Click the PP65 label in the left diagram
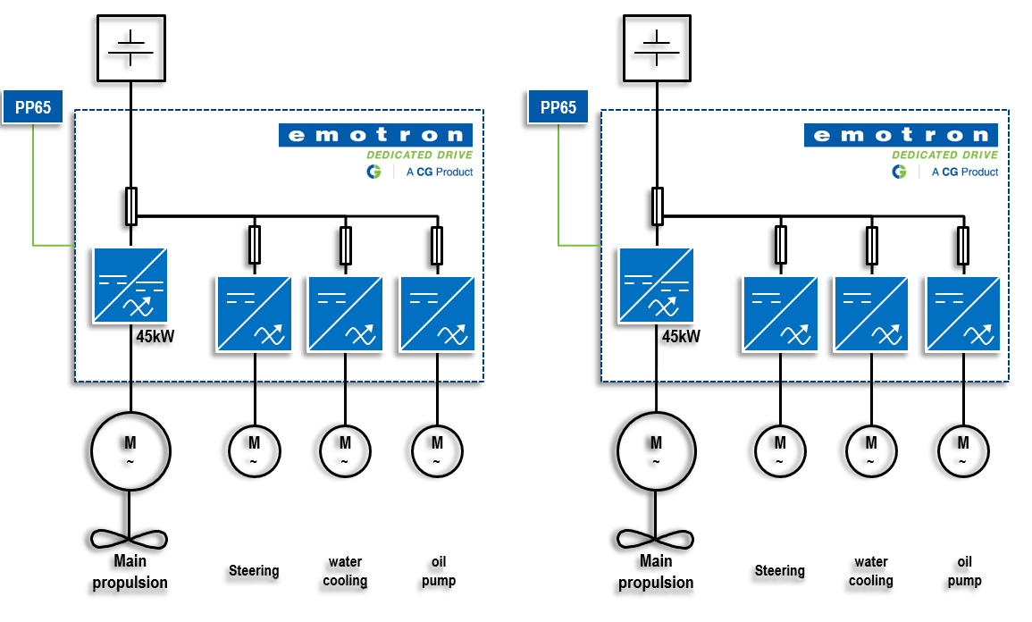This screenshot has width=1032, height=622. (x=33, y=108)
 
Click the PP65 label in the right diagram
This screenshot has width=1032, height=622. (x=558, y=108)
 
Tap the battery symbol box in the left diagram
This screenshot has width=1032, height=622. (x=130, y=46)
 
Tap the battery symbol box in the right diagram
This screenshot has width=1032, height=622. (x=657, y=46)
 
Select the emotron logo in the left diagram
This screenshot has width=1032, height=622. (x=375, y=135)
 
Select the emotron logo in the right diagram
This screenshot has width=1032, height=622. (x=901, y=135)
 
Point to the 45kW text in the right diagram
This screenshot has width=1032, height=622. (x=681, y=337)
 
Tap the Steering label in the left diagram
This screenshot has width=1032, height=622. (x=254, y=570)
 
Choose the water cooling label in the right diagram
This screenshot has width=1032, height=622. (x=870, y=571)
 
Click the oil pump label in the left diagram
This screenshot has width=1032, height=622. (x=438, y=571)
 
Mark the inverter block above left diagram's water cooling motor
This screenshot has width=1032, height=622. (x=345, y=313)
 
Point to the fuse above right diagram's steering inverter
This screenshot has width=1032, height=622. (x=781, y=244)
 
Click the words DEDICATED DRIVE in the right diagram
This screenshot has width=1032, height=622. (x=945, y=155)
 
